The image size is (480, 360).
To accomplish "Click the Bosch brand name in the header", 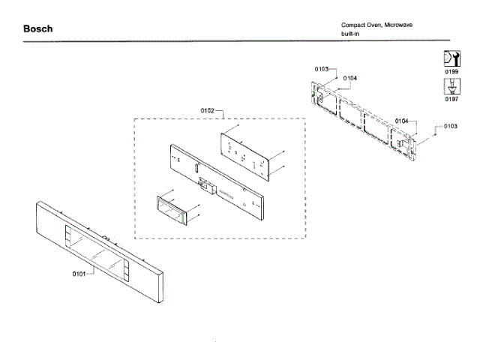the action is coord(37,29).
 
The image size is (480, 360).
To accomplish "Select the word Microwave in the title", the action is coord(397,25).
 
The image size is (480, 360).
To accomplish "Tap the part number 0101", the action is coord(80,273).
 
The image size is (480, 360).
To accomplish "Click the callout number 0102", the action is coord(208,110).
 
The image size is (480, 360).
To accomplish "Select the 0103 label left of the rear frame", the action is coord(322,69).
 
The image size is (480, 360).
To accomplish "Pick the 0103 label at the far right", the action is coord(450,126).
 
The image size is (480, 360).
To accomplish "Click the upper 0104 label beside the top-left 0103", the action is coord(349,78).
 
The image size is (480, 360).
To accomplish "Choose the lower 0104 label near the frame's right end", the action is coord(401,121).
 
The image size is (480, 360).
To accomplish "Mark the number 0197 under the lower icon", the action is coord(451,98).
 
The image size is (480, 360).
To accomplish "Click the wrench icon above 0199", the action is coord(451,58).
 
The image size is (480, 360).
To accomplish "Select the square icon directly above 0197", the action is coord(451,85).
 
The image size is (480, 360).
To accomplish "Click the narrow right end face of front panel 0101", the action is coord(161,285).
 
